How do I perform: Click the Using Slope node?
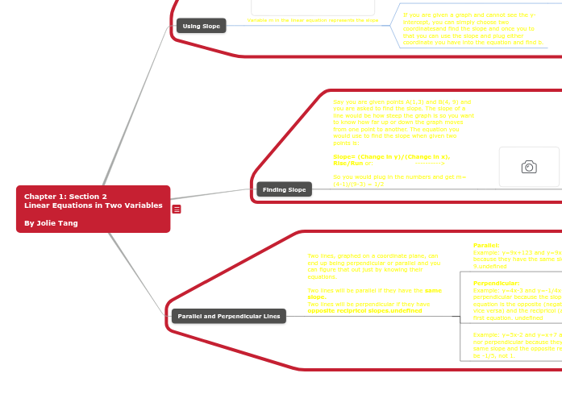point(202,26)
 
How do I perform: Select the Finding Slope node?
point(285,189)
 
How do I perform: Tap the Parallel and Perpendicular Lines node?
point(228,316)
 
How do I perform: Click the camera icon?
point(529,167)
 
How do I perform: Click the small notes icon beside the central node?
point(177,209)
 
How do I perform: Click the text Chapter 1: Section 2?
point(65,196)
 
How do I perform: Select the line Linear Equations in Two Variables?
point(93,205)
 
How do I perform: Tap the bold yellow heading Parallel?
point(486,245)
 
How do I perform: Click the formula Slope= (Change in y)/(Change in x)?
point(392,156)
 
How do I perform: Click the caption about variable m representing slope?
point(313,19)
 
